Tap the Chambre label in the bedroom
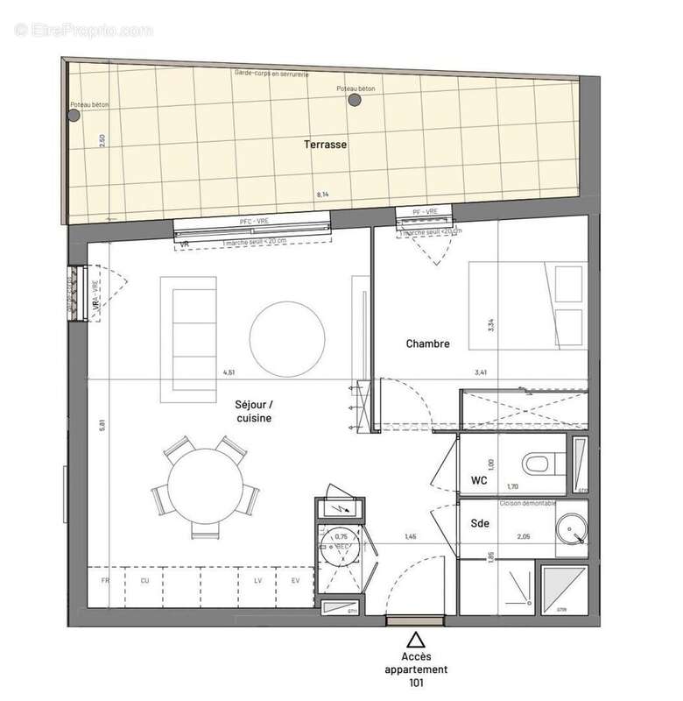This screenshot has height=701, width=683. [x=427, y=343]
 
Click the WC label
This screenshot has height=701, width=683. [x=479, y=480]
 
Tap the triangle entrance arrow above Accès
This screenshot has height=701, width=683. [x=418, y=640]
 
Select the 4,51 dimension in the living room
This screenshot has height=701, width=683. [x=229, y=372]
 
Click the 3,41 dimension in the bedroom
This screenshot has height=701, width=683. [x=480, y=372]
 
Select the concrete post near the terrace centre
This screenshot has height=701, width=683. [x=354, y=101]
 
